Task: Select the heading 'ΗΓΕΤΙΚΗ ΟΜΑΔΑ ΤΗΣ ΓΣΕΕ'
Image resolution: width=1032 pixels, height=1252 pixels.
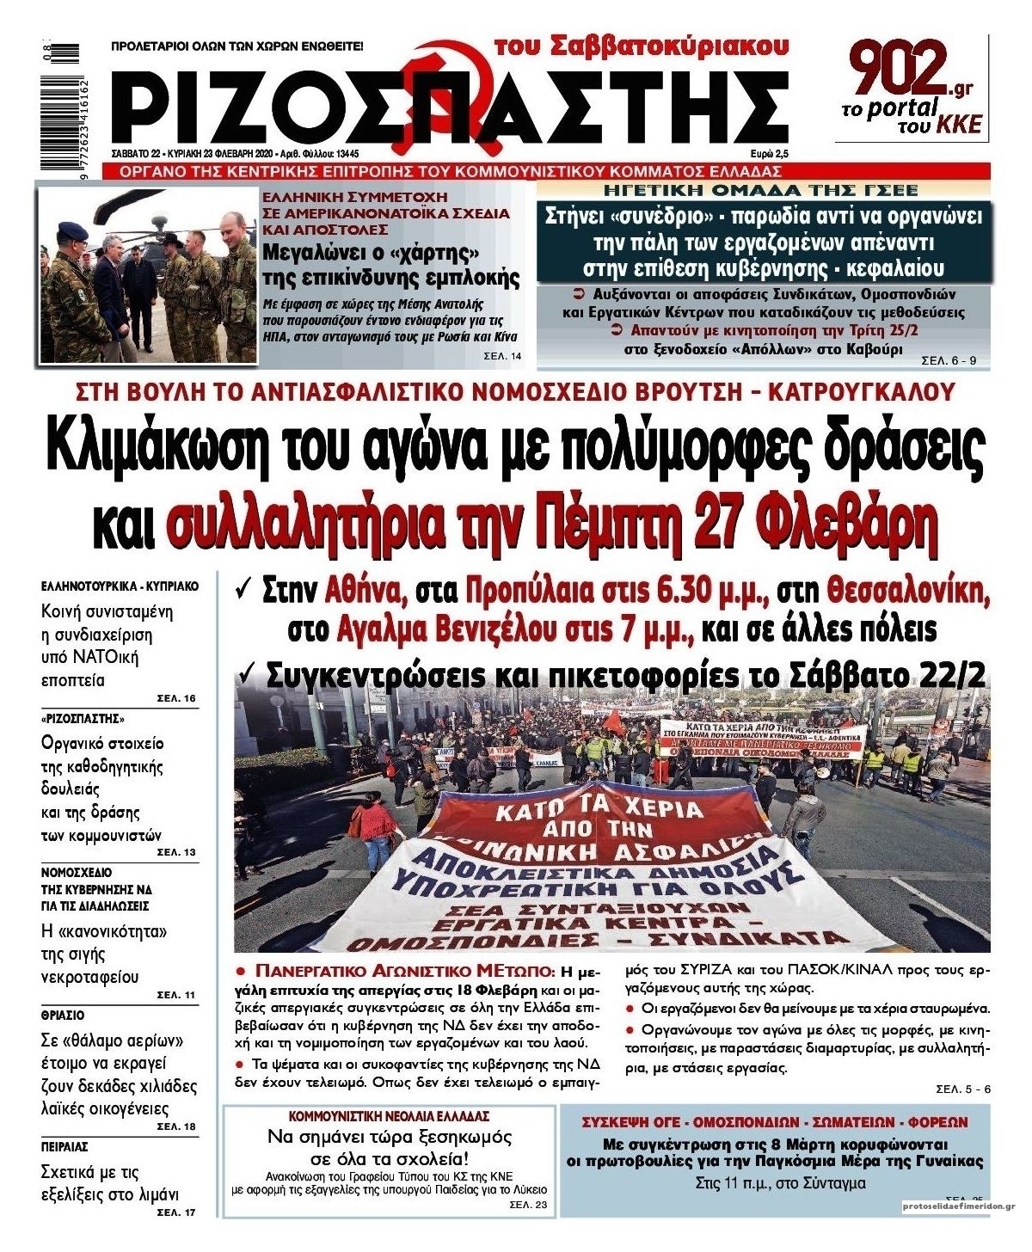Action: pos(760,190)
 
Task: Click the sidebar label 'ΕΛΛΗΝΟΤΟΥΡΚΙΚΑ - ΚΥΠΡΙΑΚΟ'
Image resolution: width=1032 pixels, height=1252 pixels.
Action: pos(120,586)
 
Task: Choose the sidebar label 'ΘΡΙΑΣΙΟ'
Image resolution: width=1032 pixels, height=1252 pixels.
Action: pos(63,1016)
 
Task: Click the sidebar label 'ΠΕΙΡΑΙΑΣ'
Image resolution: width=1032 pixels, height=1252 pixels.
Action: pos(64,1147)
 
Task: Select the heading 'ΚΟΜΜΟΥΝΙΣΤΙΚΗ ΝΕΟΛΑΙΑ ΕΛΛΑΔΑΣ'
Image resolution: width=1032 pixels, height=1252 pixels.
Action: pos(389,1116)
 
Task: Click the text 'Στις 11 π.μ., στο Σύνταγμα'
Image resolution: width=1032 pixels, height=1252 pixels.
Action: pos(779,1183)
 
